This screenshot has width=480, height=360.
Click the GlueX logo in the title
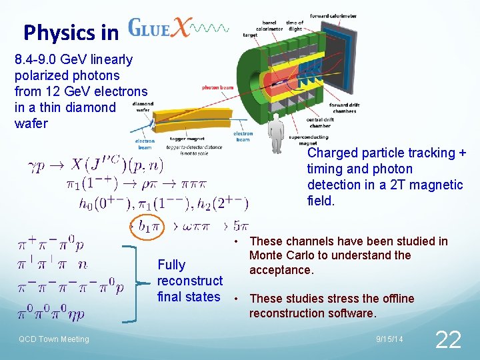pos(177,29)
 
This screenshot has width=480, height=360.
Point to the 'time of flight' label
pos(294,25)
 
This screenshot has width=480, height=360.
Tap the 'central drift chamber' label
pos(319,123)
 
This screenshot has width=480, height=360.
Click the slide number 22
pos(447,339)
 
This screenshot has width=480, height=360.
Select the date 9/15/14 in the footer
pos(389,340)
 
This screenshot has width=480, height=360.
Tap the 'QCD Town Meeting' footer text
pos(53,339)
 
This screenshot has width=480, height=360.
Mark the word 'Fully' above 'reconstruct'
pos(171,265)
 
